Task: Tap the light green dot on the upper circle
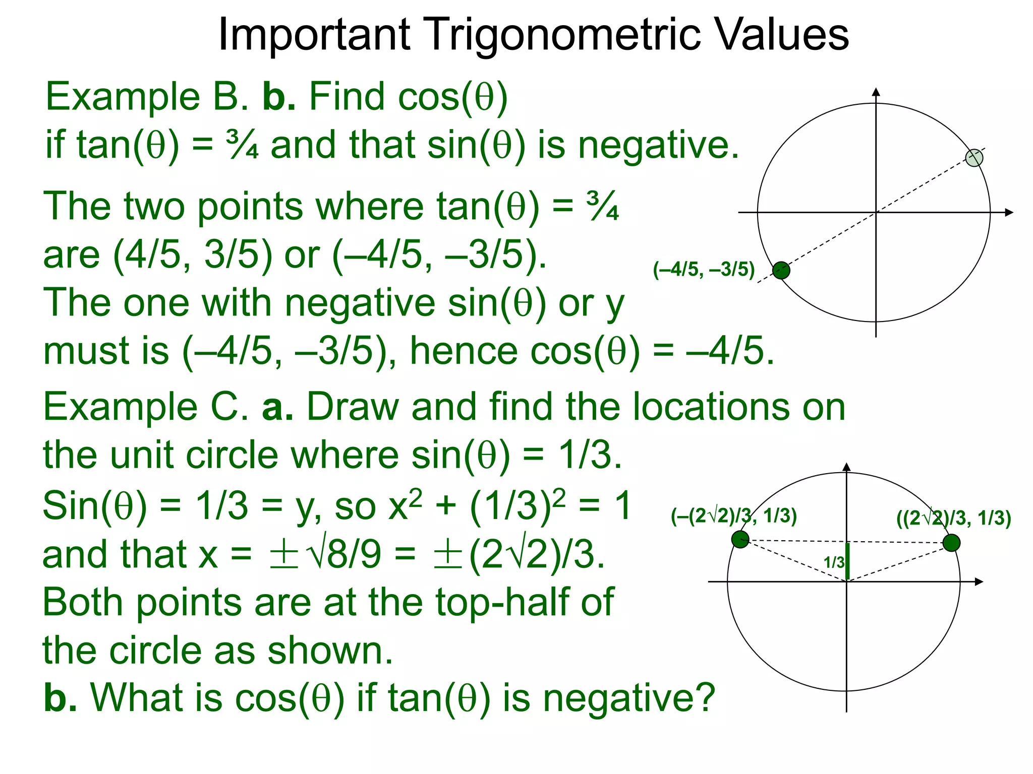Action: [x=974, y=158]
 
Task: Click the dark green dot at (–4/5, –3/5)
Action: [x=781, y=271]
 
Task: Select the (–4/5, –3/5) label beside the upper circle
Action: [x=704, y=270]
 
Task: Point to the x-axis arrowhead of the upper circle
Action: [x=1009, y=213]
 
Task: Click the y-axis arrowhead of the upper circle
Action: [x=876, y=92]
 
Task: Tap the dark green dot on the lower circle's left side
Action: [x=740, y=539]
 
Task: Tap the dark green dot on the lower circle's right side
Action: [x=951, y=543]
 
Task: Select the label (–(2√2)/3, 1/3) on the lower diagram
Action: [x=733, y=516]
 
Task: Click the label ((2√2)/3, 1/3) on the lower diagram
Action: [x=953, y=518]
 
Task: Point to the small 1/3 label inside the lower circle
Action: [x=834, y=562]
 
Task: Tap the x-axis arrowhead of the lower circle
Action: [x=979, y=582]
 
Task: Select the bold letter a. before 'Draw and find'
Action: [x=277, y=407]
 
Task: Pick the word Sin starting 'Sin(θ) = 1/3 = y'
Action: [x=70, y=505]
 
